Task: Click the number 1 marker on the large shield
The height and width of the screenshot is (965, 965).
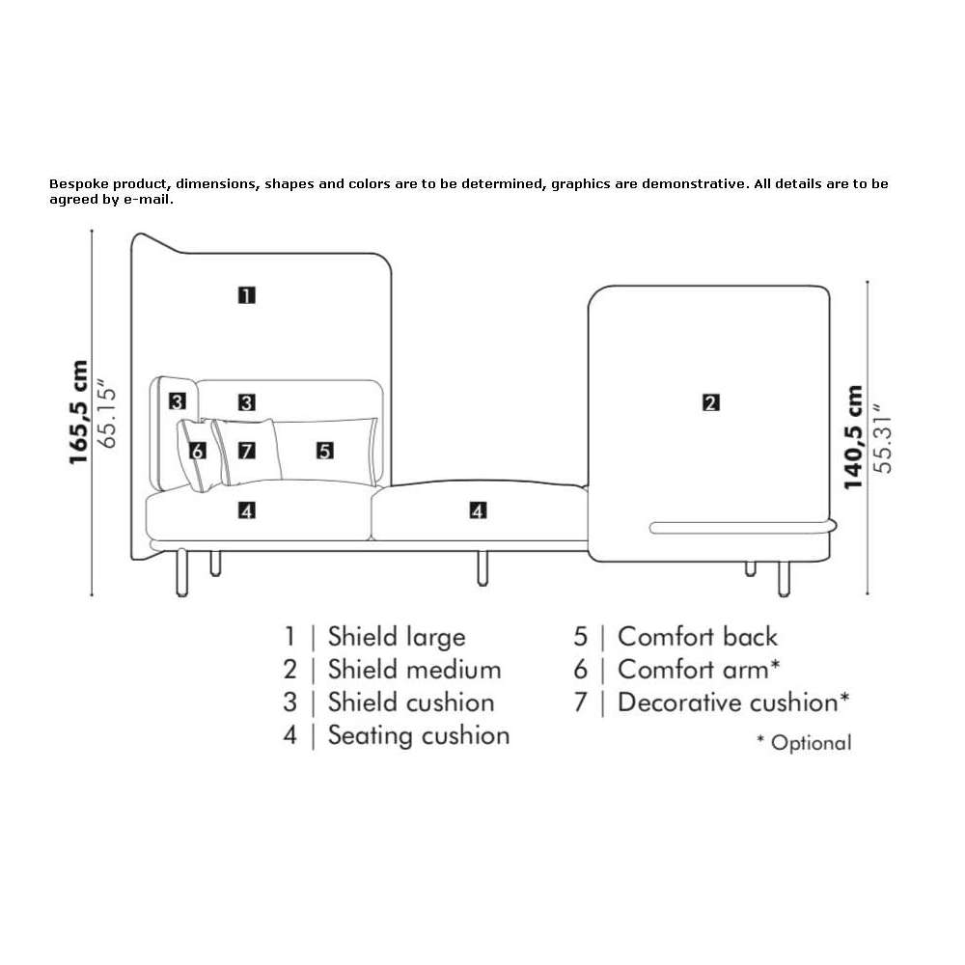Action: pos(247,295)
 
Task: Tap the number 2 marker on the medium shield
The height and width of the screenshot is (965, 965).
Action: pos(711,403)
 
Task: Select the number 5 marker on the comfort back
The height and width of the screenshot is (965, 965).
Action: pos(325,451)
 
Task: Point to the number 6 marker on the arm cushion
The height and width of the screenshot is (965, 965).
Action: pos(198,451)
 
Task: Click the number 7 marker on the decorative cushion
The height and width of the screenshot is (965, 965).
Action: pos(247,451)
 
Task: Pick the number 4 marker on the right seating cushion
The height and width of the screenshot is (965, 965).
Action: pos(479,510)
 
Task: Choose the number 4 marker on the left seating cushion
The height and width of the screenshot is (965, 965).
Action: pos(247,510)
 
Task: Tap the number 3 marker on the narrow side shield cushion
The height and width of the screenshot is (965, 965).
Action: pos(178,401)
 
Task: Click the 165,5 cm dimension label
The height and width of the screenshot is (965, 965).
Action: pos(79,412)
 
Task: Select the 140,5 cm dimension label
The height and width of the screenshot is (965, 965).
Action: pos(854,437)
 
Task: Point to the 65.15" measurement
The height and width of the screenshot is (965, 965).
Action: pos(107,414)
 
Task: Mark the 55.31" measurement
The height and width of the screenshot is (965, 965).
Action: pos(883,439)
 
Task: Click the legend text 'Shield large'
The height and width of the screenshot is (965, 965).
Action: pos(397,637)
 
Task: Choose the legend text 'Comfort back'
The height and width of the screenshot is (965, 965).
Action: pos(698,637)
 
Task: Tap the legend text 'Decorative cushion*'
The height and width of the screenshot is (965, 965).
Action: pos(733,703)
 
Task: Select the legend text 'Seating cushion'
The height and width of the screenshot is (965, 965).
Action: pos(419,735)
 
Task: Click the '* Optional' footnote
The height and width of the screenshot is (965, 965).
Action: pos(804,743)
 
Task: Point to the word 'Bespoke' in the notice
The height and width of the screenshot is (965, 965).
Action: pos(79,184)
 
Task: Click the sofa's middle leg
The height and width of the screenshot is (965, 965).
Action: pos(482,567)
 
